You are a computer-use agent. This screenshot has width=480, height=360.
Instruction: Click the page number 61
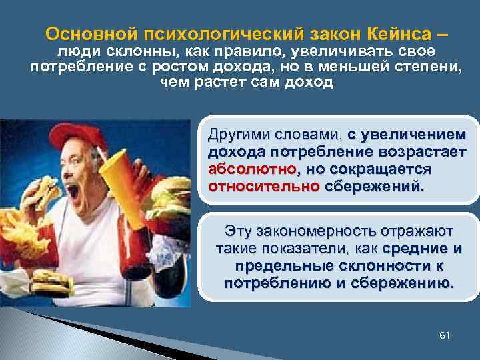point(445,335)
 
